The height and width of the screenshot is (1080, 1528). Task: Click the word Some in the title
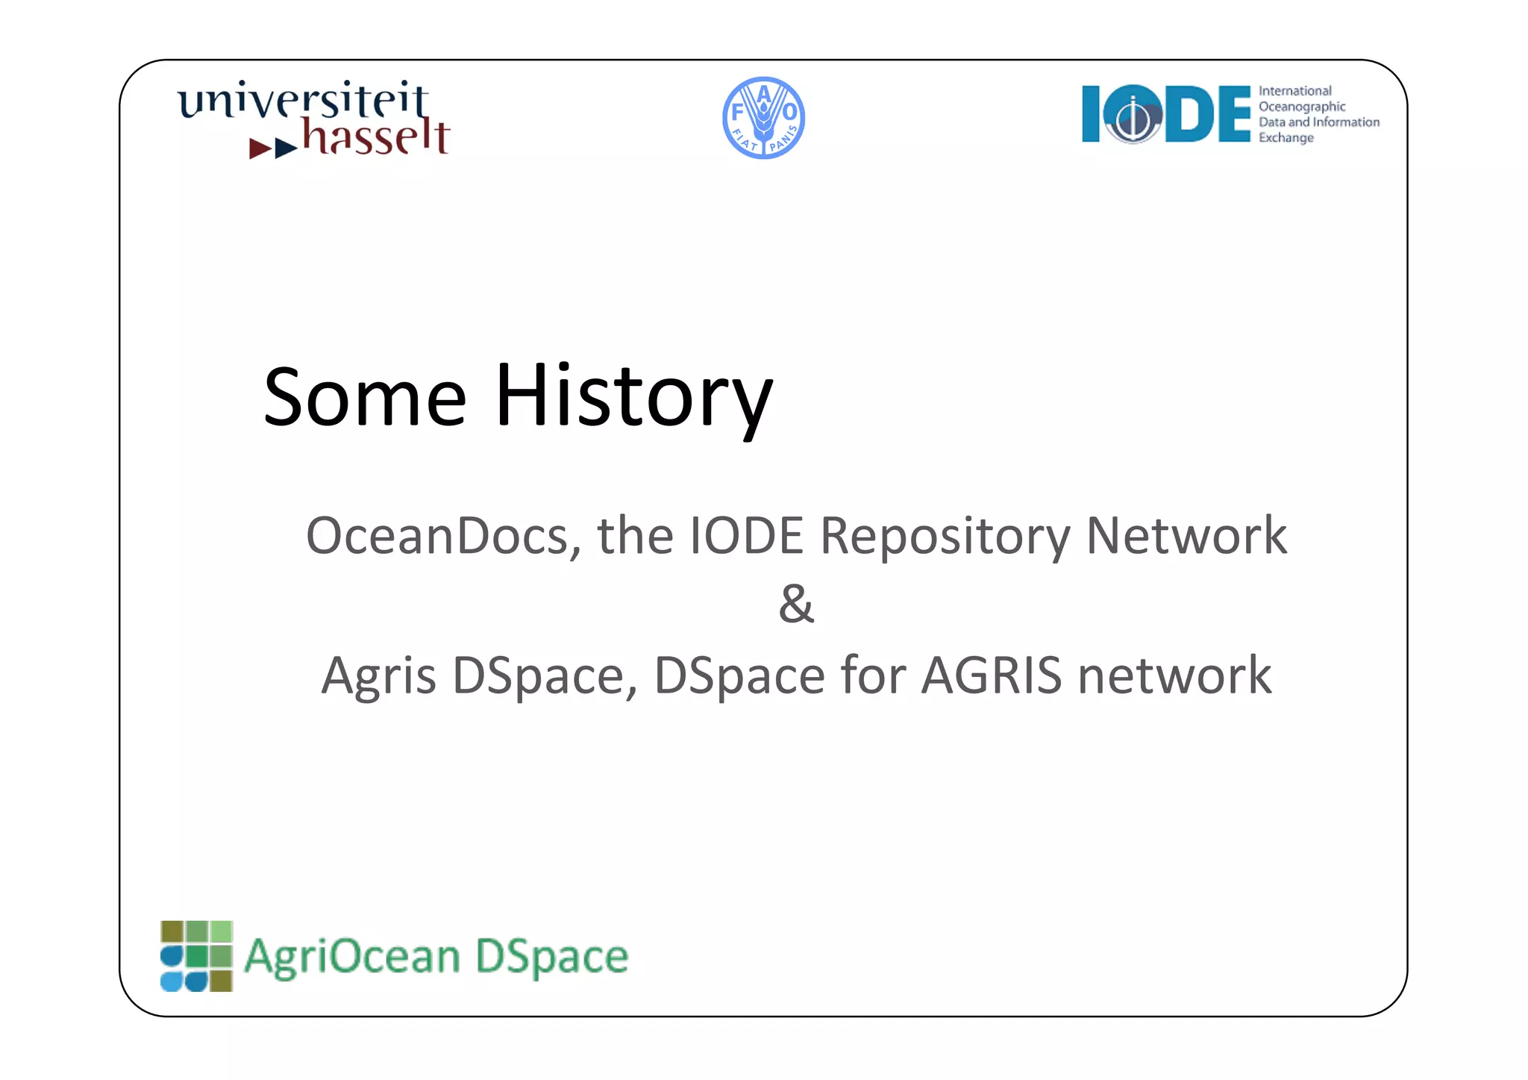click(x=365, y=397)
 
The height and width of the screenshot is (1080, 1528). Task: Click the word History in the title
click(x=633, y=397)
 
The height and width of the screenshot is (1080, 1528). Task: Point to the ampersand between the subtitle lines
click(x=796, y=604)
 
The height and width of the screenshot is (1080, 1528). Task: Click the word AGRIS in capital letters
click(x=992, y=675)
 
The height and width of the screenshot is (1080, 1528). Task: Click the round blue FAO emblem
click(x=763, y=118)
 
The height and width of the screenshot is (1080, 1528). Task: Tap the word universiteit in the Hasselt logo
click(x=303, y=101)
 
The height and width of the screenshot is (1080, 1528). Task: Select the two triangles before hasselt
click(x=273, y=148)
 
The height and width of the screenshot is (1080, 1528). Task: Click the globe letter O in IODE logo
click(x=1133, y=115)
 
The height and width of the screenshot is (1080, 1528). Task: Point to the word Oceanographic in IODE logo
click(x=1302, y=107)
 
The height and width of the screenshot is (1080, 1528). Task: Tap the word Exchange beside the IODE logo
click(x=1286, y=138)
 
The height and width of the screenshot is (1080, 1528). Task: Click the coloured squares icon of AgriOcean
click(x=197, y=956)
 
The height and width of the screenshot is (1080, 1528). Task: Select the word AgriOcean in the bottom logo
click(x=352, y=957)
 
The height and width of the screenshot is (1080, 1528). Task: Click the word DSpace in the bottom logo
click(x=551, y=957)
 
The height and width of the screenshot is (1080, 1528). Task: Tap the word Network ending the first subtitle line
click(x=1186, y=536)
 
